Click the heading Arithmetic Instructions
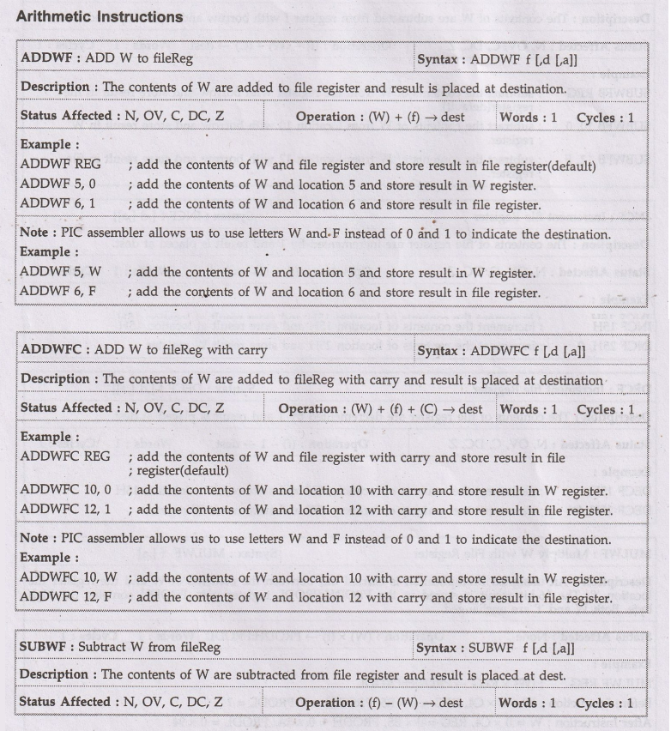(100, 17)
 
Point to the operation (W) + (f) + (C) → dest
(380, 409)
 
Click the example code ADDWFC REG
(65, 456)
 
